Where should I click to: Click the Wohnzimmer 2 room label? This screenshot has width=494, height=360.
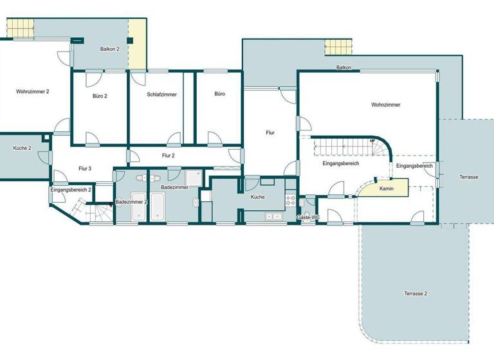point(33,92)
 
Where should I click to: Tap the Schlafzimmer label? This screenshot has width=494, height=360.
point(161,94)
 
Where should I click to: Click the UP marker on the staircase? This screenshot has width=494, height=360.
point(372,141)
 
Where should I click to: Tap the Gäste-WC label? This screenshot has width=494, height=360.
point(308,217)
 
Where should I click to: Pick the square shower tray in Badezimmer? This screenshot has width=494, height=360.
point(194,177)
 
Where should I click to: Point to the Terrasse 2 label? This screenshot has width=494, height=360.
point(416,293)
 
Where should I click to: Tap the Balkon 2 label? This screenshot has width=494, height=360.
point(110,49)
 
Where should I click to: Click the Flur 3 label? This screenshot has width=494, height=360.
point(85,168)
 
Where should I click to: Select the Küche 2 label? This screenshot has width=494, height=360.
point(23,148)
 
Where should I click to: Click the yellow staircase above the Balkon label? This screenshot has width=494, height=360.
point(338,48)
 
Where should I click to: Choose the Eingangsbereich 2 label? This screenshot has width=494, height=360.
point(71,190)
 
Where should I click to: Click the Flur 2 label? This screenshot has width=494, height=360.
point(169,155)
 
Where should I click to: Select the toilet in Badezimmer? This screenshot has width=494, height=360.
point(195,203)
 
